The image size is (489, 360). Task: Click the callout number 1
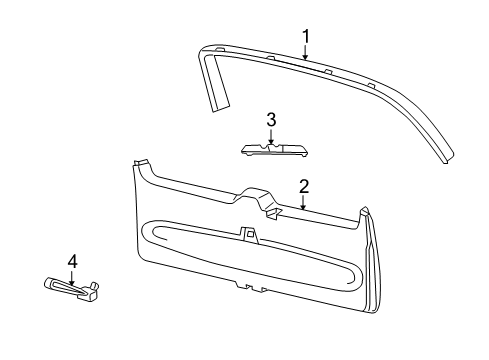pyautogui.click(x=306, y=36)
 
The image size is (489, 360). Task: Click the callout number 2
pyautogui.click(x=303, y=186)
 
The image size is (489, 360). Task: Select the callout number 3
pyautogui.click(x=270, y=120)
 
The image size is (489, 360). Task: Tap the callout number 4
pyautogui.click(x=71, y=262)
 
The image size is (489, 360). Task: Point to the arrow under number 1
pyautogui.click(x=306, y=52)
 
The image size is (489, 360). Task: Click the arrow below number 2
pyautogui.click(x=303, y=203)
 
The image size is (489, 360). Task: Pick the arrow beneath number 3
pyautogui.click(x=270, y=136)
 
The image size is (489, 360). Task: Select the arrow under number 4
pyautogui.click(x=71, y=278)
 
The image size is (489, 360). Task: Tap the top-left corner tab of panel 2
pyautogui.click(x=140, y=164)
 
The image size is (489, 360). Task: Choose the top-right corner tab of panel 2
pyautogui.click(x=364, y=212)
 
